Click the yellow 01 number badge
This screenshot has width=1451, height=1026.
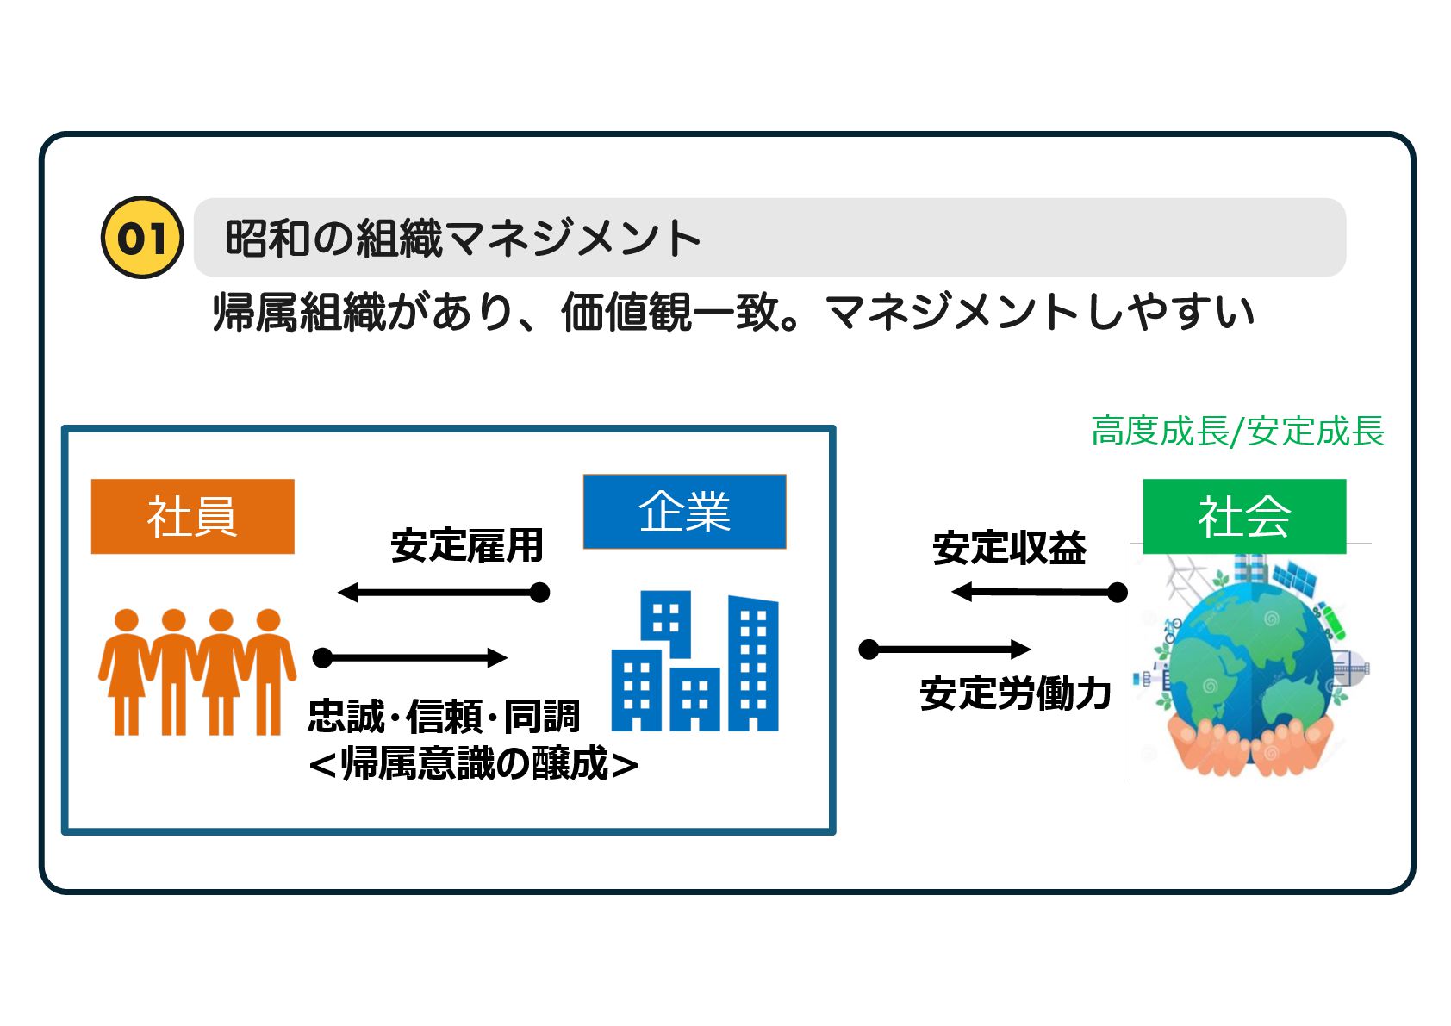pos(142,238)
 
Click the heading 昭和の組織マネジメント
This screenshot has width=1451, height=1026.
pos(463,239)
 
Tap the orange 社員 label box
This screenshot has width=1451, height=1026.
pos(192,516)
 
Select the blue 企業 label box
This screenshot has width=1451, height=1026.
pos(684,512)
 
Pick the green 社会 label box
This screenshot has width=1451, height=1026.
pos(1243,516)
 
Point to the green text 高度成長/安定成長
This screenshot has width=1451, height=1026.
pos(1237,431)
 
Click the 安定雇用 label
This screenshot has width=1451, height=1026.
pos(466,545)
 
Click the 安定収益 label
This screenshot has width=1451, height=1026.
pos(1009,548)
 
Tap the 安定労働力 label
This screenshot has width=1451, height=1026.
pos(1015,693)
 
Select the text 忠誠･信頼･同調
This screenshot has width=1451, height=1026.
pos(444,716)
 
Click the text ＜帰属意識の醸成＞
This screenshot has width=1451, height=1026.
pos(473,763)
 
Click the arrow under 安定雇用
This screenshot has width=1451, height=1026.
pos(444,593)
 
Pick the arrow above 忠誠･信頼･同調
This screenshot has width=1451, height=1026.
pos(410,658)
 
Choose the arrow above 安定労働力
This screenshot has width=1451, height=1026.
pos(945,649)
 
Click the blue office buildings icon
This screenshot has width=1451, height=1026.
pos(694,662)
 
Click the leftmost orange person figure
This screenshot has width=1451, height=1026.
pos(126,672)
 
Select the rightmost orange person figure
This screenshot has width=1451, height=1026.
pos(269,672)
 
